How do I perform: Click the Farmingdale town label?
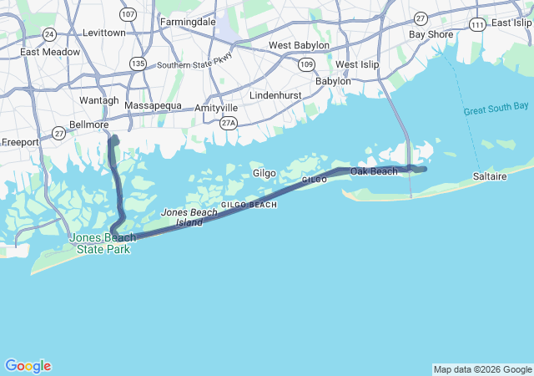[x=188, y=21]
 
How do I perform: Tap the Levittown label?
[x=104, y=33]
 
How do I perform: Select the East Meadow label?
[x=51, y=52]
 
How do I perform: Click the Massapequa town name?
[x=153, y=106]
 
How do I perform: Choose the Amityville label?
[x=216, y=109]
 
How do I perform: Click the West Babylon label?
[x=299, y=45]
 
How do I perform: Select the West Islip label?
[x=357, y=64]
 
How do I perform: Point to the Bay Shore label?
[x=431, y=34]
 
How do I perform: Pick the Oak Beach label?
[x=374, y=171]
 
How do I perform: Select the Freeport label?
[x=20, y=142]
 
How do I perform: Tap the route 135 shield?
[x=138, y=64]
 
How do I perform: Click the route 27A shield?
[x=229, y=123]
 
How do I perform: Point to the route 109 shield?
[x=307, y=64]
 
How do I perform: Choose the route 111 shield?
[x=476, y=25]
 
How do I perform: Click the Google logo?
[x=28, y=366]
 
